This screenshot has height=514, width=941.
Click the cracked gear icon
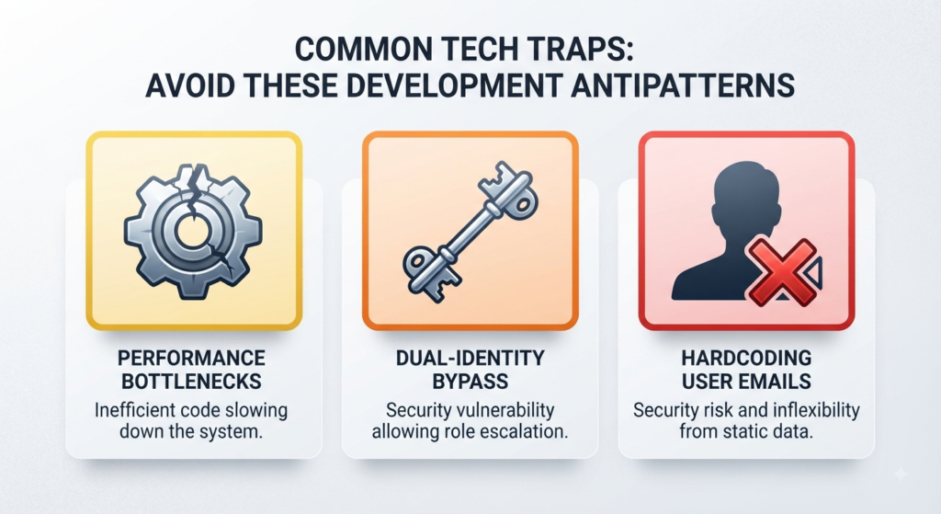click(193, 231)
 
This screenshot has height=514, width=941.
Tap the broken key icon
click(470, 231)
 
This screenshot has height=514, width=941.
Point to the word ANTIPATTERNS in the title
click(683, 86)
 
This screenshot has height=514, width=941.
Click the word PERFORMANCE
click(191, 359)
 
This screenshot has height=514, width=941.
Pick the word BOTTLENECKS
click(191, 382)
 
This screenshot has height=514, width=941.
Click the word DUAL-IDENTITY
click(470, 359)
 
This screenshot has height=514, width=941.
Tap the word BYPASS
click(470, 382)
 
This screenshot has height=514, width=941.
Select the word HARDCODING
click(746, 359)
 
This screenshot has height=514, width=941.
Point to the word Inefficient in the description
click(132, 411)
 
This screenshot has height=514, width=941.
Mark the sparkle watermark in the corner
click(901, 474)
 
